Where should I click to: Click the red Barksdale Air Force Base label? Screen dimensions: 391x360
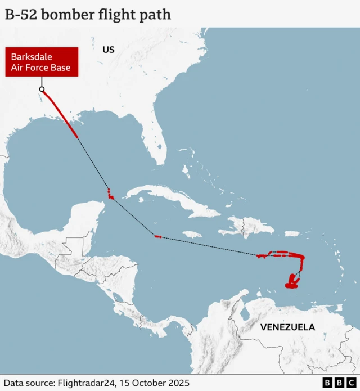tap(41, 62)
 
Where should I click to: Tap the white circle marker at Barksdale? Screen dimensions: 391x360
tap(42, 89)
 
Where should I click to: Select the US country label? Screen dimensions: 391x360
tap(109, 50)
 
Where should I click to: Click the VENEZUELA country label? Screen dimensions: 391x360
tap(287, 327)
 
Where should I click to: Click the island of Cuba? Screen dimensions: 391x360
tap(169, 200)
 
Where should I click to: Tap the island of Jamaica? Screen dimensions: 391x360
tap(193, 233)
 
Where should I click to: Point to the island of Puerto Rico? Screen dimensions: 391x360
tap(292, 233)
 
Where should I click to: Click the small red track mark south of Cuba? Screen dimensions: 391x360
tap(157, 237)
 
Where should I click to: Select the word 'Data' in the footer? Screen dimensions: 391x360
tap(15, 383)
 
